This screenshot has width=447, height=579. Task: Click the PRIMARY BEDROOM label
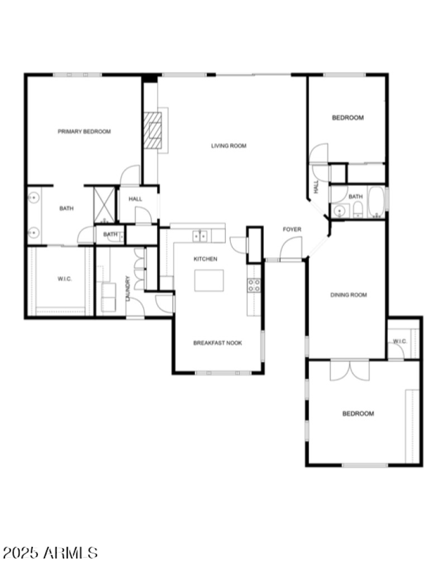click(x=84, y=131)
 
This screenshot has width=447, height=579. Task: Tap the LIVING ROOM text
click(x=229, y=146)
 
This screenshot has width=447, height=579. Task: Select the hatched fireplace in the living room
click(x=152, y=130)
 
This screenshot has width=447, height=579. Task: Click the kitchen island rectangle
click(x=209, y=280)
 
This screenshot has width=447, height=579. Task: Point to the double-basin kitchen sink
click(x=200, y=236)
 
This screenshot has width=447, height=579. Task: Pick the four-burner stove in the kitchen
click(x=254, y=285)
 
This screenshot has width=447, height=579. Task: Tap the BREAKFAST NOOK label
click(x=217, y=343)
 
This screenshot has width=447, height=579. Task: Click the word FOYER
click(x=292, y=229)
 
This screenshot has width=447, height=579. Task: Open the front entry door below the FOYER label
click(x=291, y=250)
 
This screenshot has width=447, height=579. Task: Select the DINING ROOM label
click(x=349, y=295)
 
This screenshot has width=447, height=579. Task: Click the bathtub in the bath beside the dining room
click(x=376, y=202)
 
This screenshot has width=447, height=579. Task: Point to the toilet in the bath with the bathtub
click(x=358, y=210)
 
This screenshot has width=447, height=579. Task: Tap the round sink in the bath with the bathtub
click(x=338, y=211)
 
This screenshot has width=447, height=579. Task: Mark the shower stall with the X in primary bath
click(x=104, y=204)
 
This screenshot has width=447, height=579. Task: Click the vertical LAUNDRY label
click(x=128, y=289)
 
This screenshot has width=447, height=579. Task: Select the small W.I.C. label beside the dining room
click(x=399, y=341)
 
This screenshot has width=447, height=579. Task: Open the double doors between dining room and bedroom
click(x=349, y=371)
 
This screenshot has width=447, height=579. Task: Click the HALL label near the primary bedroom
click(x=135, y=199)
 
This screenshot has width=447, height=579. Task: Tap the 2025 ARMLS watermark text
click(x=50, y=553)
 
